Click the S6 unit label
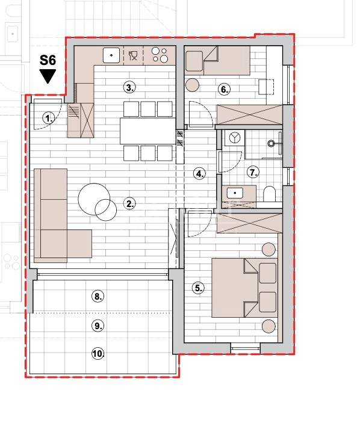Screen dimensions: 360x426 [48, 60]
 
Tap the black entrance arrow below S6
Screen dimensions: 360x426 [48, 76]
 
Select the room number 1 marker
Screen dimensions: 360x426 [49, 119]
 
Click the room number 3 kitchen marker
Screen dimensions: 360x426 [129, 87]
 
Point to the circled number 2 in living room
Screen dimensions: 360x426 [129, 203]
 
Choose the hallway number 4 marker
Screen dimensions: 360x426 [200, 173]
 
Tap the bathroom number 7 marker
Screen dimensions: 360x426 [253, 172]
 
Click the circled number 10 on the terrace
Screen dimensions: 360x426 [98, 354]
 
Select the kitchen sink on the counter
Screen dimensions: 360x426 [111, 55]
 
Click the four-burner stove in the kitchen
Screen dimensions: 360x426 [160, 55]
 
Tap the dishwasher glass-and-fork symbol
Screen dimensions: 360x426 [133, 55]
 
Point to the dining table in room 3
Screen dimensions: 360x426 [148, 131]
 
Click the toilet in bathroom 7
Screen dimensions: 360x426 [270, 194]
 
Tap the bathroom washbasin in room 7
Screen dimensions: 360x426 [235, 193]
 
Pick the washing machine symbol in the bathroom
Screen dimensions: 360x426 [234, 138]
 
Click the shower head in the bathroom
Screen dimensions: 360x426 [271, 143]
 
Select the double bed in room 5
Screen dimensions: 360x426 [244, 288]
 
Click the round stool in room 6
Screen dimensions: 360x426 [193, 85]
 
